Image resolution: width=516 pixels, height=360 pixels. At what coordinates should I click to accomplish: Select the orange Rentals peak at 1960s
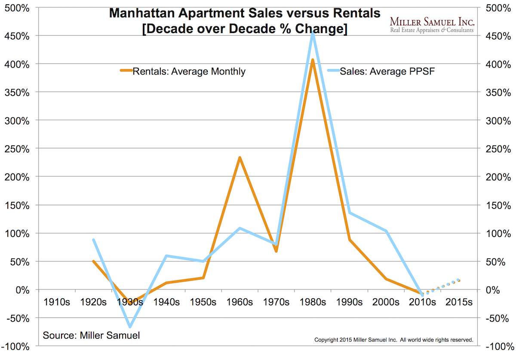240,157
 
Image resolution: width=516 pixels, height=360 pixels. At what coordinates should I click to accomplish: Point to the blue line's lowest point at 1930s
130,327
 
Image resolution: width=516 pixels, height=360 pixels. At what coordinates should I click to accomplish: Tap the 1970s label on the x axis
276,302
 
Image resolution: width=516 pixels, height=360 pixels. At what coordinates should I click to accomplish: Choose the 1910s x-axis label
57,302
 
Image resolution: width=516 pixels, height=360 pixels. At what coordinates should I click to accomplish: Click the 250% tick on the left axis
17,148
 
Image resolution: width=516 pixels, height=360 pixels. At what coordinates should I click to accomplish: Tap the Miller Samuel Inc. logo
431,25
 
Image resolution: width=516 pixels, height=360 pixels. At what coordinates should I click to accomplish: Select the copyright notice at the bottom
394,339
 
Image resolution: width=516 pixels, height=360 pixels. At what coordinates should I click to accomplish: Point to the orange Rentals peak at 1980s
313,60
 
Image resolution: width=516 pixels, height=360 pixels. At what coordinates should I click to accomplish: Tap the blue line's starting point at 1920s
93,240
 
